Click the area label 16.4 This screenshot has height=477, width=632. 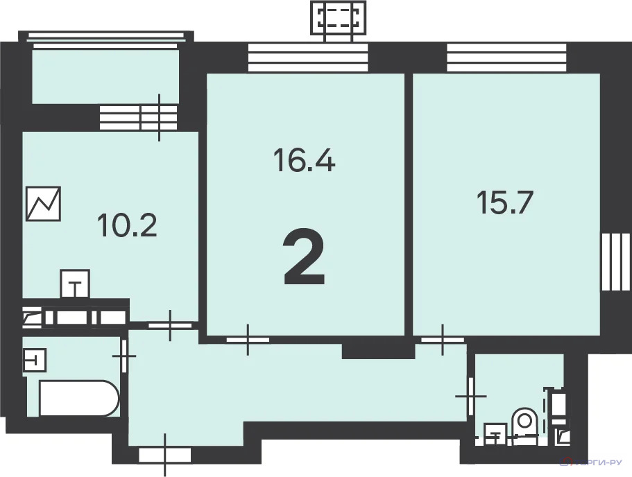pyautogui.click(x=305, y=162)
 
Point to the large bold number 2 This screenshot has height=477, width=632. pyautogui.click(x=305, y=259)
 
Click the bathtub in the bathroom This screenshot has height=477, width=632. pyautogui.click(x=78, y=398)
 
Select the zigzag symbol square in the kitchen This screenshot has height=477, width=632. pyautogui.click(x=44, y=204)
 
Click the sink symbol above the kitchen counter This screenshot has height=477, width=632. pyautogui.click(x=76, y=284)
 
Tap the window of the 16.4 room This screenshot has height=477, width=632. pyautogui.click(x=307, y=58)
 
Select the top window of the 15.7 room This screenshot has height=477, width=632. pyautogui.click(x=507, y=58)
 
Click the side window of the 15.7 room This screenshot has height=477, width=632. pyautogui.click(x=615, y=264)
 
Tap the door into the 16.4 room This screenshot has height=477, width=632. pyautogui.click(x=248, y=339)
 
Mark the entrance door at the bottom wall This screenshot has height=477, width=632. pyautogui.click(x=164, y=455)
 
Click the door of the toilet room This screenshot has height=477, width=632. pyautogui.click(x=471, y=395)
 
